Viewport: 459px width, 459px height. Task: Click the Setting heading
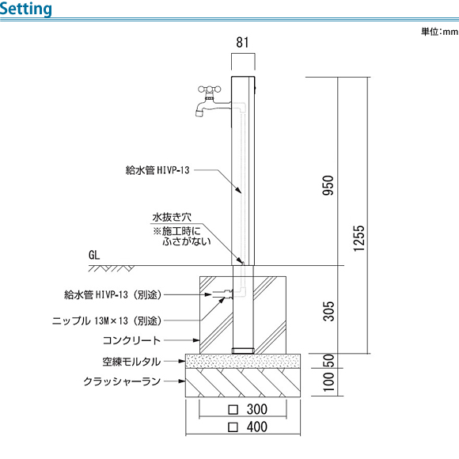(26, 9)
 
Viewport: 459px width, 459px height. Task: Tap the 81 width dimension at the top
(242, 43)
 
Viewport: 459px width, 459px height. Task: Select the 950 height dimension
(328, 185)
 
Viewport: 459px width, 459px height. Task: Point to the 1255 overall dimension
(358, 238)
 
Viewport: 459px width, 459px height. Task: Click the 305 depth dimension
(328, 311)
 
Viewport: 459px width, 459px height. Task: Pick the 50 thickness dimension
(328, 361)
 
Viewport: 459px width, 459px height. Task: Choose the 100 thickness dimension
(328, 381)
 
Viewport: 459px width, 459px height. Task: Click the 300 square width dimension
(248, 409)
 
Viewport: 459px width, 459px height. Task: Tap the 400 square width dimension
(248, 427)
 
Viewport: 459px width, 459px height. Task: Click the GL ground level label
(94, 255)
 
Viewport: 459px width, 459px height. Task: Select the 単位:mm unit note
(440, 32)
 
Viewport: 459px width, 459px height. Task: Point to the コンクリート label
(131, 340)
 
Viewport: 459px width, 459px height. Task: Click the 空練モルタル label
(131, 362)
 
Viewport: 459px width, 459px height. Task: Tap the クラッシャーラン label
(122, 381)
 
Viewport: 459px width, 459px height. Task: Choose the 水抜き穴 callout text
(172, 217)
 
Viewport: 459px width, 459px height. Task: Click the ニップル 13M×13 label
(107, 321)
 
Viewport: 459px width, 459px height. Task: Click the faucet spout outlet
(199, 112)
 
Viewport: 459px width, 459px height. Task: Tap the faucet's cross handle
(209, 89)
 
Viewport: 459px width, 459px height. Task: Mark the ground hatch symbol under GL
(112, 268)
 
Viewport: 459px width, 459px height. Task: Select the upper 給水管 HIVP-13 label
(157, 170)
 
